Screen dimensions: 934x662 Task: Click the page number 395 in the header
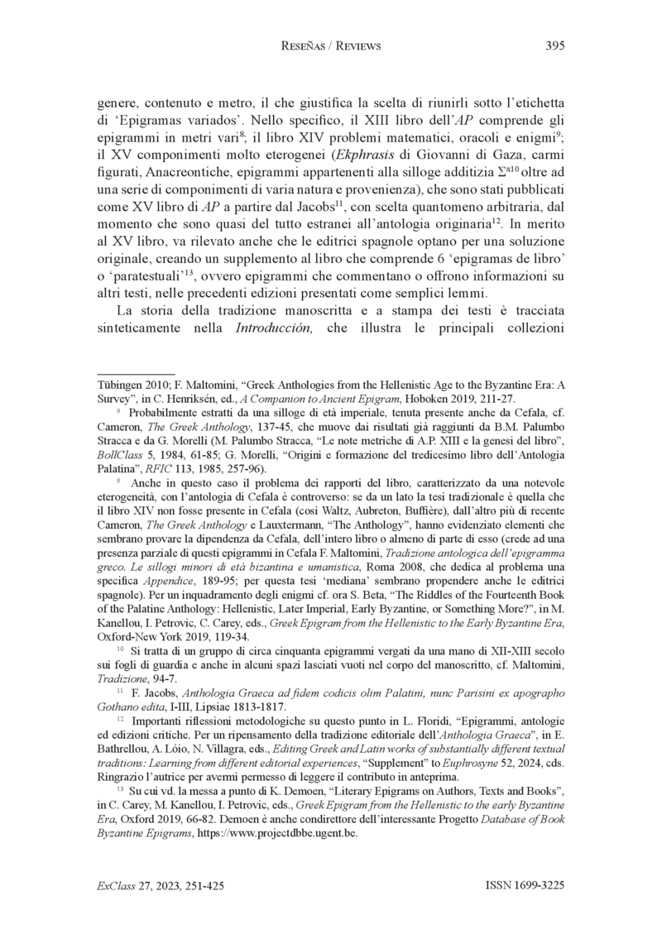pyautogui.click(x=555, y=46)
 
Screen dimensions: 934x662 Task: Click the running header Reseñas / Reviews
pyautogui.click(x=330, y=46)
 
